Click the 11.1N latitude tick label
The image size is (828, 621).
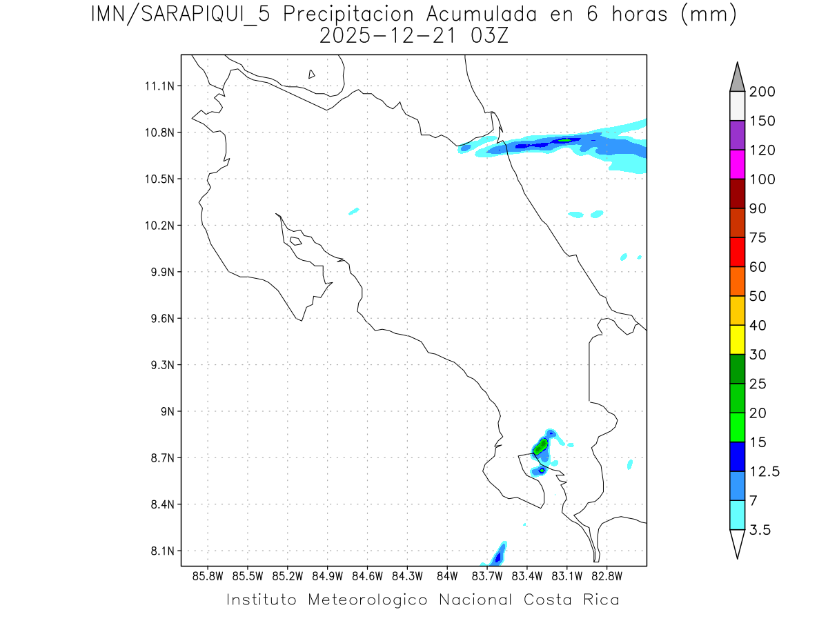pos(157,86)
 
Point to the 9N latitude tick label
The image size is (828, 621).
pos(165,411)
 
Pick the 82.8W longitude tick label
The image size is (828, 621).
pos(607,575)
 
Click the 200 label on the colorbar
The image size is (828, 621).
pos(762,92)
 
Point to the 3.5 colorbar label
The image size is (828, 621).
pos(760,530)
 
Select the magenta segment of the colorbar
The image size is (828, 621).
pos(737,164)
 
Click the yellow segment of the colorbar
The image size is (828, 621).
pos(737,339)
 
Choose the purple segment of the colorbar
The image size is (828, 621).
pos(737,135)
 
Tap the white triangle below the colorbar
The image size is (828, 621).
pos(737,543)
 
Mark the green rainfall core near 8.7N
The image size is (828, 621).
pos(540,446)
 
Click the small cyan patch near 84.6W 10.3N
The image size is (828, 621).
pos(354,210)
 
